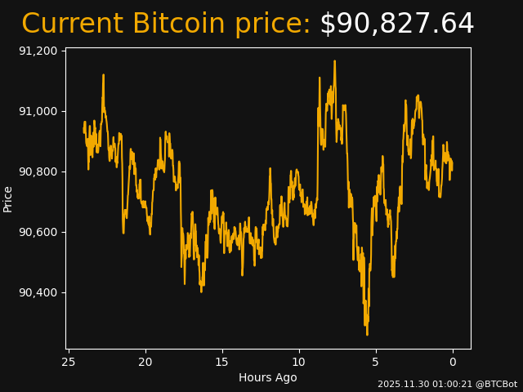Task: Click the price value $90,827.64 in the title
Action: pyautogui.click(x=396, y=24)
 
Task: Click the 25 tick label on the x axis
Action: pyautogui.click(x=69, y=362)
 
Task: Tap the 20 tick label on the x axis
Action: pyautogui.click(x=145, y=362)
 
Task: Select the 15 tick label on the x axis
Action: pyautogui.click(x=222, y=362)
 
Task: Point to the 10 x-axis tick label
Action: pyautogui.click(x=299, y=362)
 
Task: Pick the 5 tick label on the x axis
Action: pyautogui.click(x=376, y=362)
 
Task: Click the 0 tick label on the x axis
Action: pyautogui.click(x=453, y=362)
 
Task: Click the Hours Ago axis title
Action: pyautogui.click(x=268, y=377)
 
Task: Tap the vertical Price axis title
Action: pyautogui.click(x=8, y=198)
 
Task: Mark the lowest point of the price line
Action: pyautogui.click(x=367, y=334)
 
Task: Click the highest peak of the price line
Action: pyautogui.click(x=334, y=61)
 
